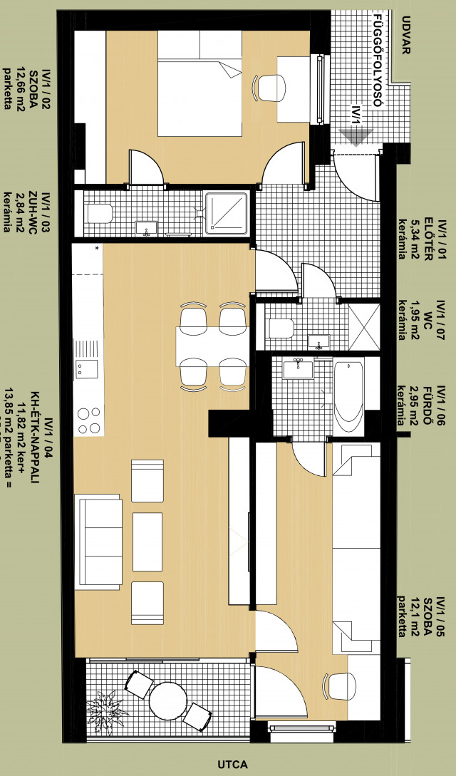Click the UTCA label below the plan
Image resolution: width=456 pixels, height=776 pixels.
click(232, 764)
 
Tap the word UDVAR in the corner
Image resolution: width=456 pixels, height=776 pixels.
click(406, 35)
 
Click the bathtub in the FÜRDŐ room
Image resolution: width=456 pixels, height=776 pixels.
click(348, 391)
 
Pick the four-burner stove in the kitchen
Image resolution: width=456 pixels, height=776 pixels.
click(88, 420)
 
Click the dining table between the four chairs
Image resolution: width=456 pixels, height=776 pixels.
click(212, 346)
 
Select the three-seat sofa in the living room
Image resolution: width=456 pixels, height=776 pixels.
click(98, 542)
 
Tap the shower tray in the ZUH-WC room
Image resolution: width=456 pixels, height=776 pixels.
click(226, 213)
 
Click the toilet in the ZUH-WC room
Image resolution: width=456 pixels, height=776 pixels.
click(100, 213)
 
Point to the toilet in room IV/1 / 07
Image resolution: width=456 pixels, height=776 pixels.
click(280, 328)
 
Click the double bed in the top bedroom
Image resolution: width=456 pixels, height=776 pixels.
click(199, 83)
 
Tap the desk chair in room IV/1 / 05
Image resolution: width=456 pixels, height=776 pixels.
click(340, 686)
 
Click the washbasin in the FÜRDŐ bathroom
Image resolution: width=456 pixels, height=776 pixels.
click(299, 368)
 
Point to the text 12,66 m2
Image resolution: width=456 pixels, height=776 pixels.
click(21, 90)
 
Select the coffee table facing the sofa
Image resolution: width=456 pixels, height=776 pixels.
click(147, 542)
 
